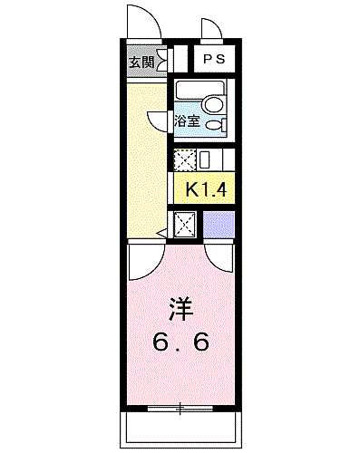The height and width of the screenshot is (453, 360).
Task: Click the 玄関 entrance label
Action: pos(141,63)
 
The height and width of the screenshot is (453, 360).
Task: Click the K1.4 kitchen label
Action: pos(204,189)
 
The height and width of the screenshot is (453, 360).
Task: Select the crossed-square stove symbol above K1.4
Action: pos(184,160)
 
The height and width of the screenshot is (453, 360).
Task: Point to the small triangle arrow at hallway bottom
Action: pos(161,234)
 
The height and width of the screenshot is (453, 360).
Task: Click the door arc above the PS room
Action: pos(210,33)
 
